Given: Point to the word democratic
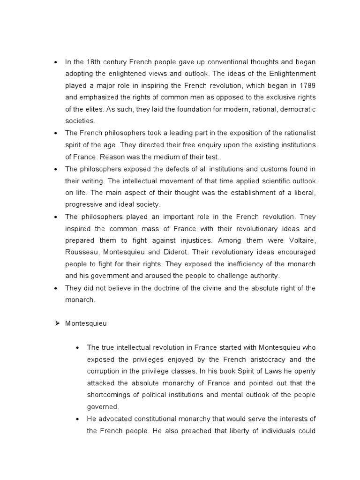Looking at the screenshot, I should click(298, 109).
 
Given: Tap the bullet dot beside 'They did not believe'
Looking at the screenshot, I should click(56, 288).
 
